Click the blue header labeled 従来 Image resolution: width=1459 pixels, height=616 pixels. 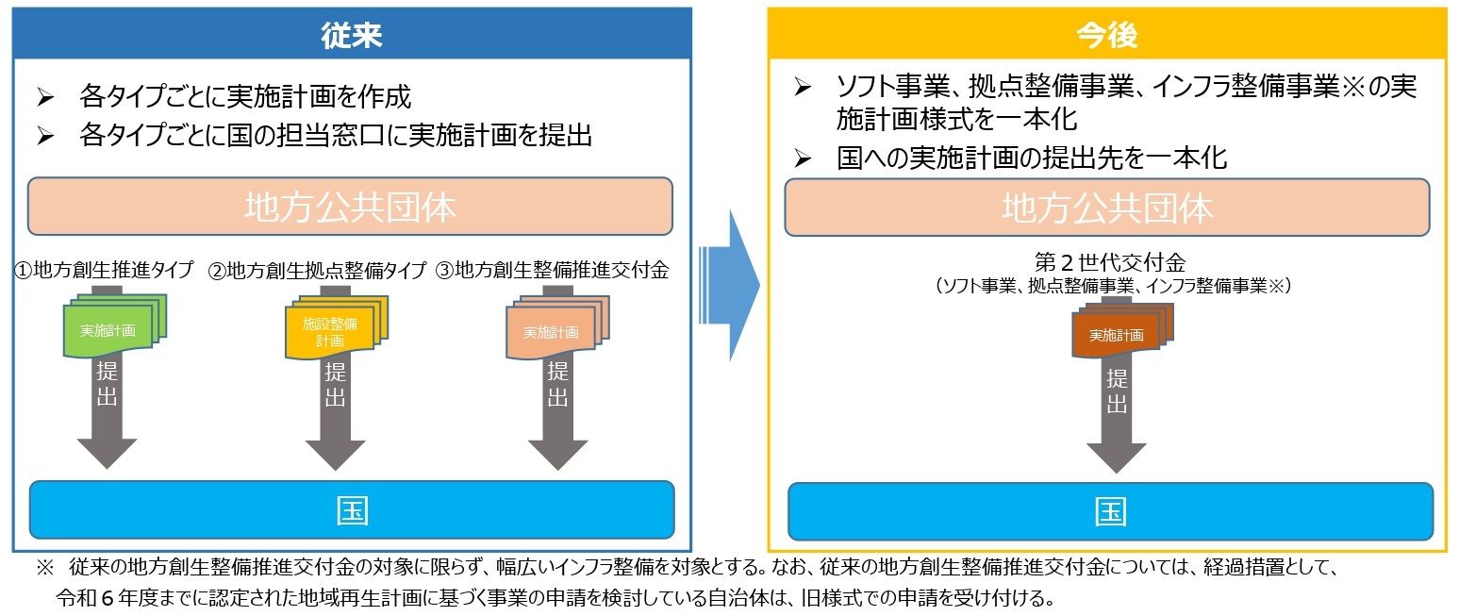[351, 34]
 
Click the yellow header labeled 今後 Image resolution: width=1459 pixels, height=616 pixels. [1107, 34]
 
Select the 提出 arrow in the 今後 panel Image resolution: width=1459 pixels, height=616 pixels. [1117, 415]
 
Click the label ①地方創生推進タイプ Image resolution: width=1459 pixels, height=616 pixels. [104, 271]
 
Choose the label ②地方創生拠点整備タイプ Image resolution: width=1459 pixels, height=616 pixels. [318, 271]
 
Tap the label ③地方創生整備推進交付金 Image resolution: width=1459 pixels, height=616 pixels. [553, 271]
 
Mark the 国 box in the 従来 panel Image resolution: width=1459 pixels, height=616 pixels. [352, 509]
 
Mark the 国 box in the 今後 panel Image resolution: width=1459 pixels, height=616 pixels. [1110, 511]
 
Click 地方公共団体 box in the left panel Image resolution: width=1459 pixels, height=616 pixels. [350, 207]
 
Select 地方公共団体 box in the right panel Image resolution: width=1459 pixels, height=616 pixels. [1108, 208]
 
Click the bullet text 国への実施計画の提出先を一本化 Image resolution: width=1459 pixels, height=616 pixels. [1032, 157]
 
